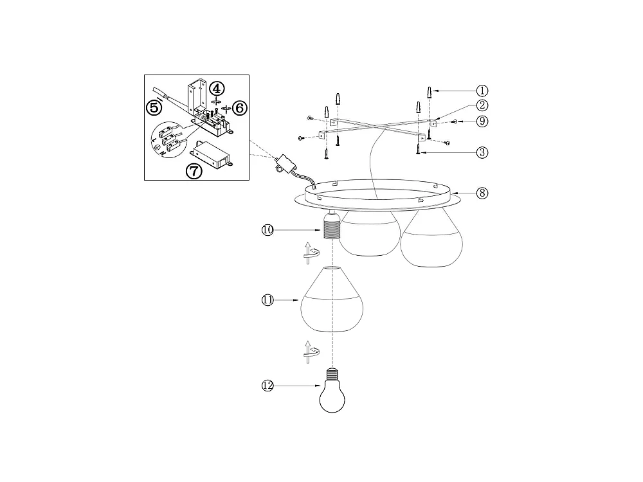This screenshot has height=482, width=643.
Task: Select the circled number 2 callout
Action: click(482, 106)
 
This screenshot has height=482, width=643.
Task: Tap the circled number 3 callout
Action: click(483, 152)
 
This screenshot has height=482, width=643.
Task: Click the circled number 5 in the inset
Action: click(154, 107)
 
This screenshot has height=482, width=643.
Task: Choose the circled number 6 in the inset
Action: click(239, 107)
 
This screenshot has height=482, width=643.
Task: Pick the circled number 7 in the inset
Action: click(194, 171)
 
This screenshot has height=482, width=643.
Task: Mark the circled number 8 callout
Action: click(483, 192)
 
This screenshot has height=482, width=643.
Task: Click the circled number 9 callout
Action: click(483, 121)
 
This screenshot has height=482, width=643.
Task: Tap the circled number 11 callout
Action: click(268, 300)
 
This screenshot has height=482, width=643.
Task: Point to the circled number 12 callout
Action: click(268, 386)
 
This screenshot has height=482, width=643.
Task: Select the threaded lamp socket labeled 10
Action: click(331, 227)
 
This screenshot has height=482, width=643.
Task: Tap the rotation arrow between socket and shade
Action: click(311, 253)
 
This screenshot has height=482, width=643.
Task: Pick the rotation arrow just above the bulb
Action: click(311, 350)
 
